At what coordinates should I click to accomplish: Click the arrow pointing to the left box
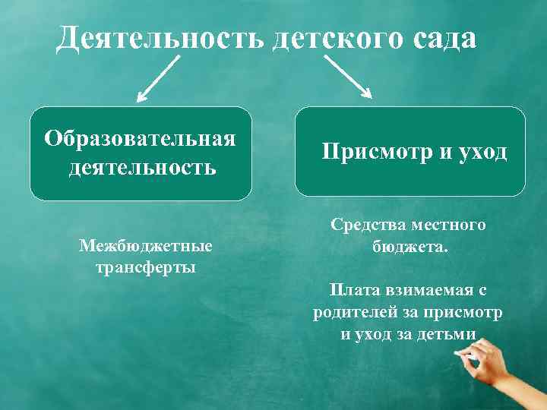160,80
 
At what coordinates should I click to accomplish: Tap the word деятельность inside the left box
142,166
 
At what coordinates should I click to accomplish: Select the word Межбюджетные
145,248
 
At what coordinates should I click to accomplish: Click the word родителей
356,312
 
